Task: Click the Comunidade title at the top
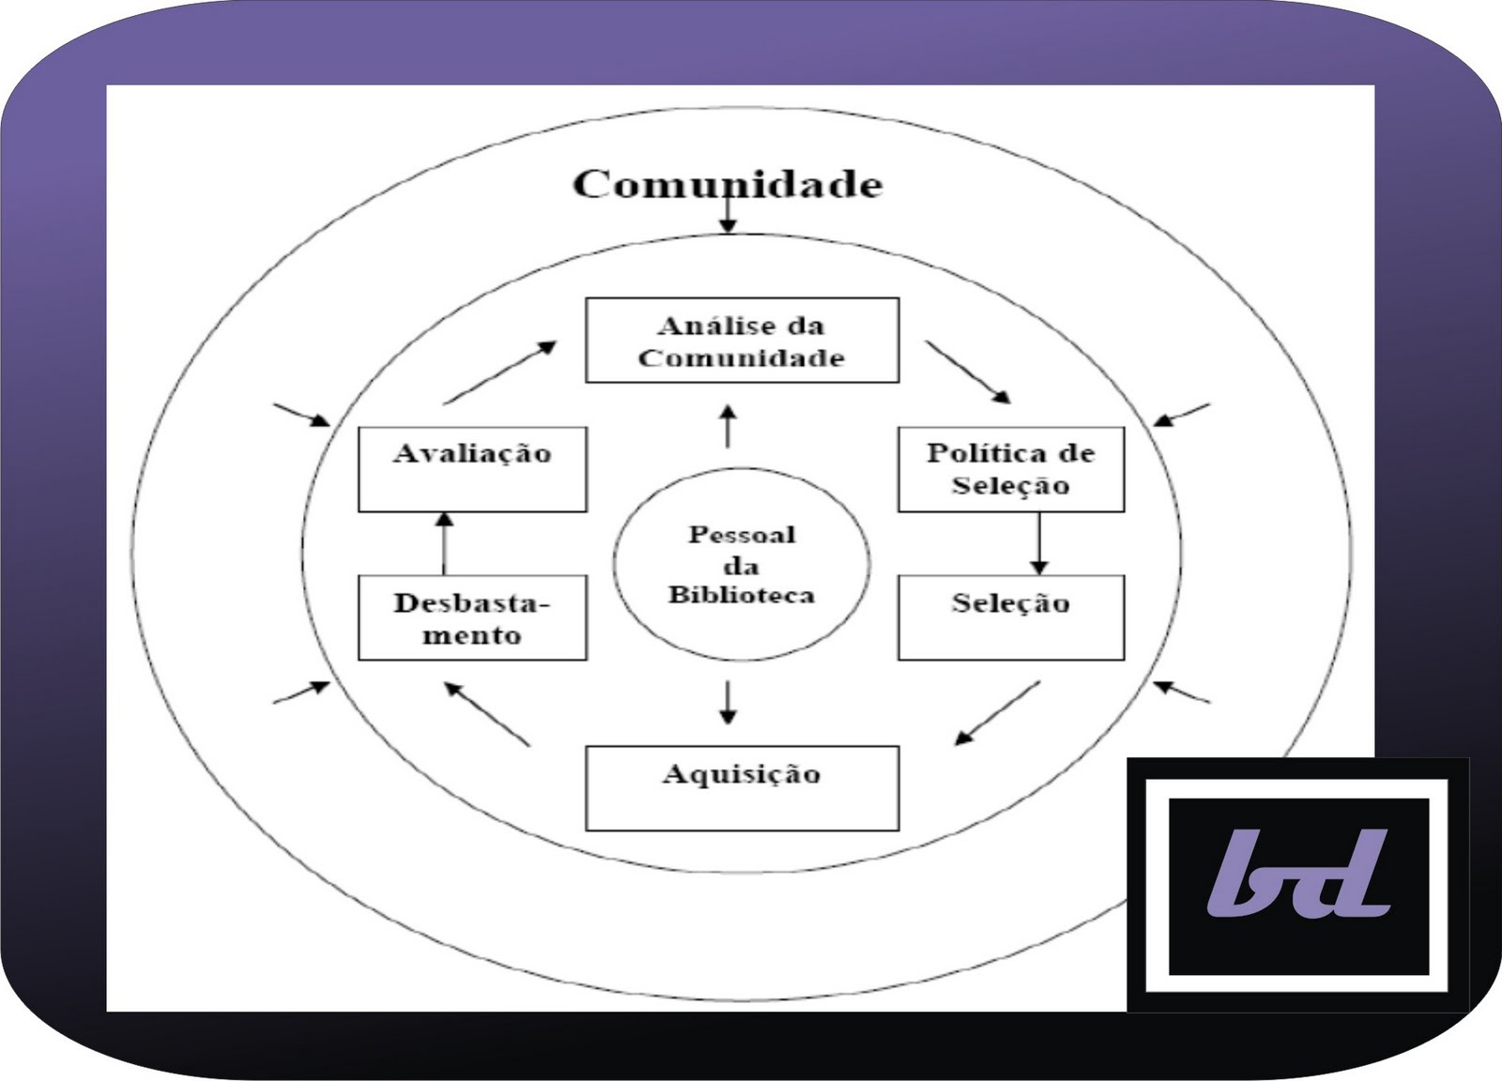(728, 183)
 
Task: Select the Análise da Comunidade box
(742, 341)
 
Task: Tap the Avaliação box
(472, 469)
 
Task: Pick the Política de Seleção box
(1011, 469)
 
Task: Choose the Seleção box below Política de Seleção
(1011, 617)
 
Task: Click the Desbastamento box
(472, 617)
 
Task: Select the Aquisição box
(742, 787)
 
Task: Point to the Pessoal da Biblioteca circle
(742, 563)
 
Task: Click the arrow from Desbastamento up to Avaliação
(445, 543)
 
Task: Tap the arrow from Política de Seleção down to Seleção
(1038, 543)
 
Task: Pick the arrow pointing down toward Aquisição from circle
(728, 701)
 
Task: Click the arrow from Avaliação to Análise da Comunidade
(499, 373)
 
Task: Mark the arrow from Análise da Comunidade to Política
(968, 372)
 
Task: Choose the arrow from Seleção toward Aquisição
(997, 713)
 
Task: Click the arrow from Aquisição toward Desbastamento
(487, 714)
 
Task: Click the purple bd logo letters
(1298, 872)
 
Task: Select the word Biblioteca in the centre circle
(742, 595)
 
